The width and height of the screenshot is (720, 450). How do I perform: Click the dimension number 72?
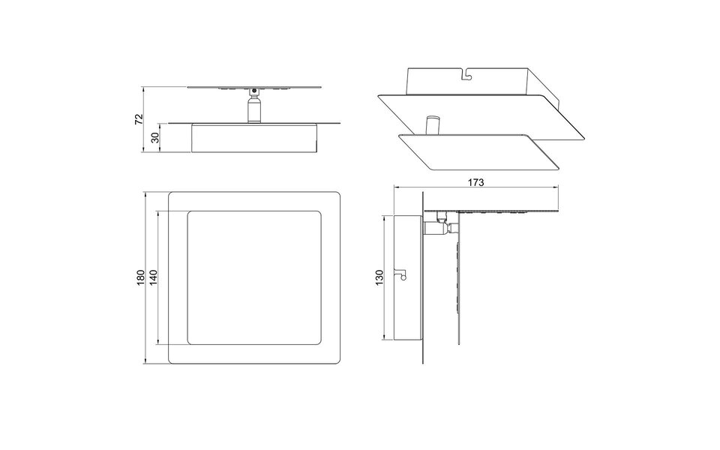[x=138, y=120]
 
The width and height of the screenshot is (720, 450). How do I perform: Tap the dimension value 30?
[x=154, y=138]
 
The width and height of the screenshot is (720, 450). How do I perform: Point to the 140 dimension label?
[x=153, y=278]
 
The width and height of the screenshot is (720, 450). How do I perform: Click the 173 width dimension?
[x=476, y=182]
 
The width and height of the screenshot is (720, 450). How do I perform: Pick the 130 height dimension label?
[x=379, y=277]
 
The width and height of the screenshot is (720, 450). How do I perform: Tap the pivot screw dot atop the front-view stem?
[x=255, y=92]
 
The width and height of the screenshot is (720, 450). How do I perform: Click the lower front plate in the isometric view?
[x=480, y=151]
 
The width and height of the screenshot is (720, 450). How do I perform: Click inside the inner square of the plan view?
[x=254, y=278]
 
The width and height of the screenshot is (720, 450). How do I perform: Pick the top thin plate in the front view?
[x=254, y=87]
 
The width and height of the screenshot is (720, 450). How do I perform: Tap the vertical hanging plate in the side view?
[x=456, y=292]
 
